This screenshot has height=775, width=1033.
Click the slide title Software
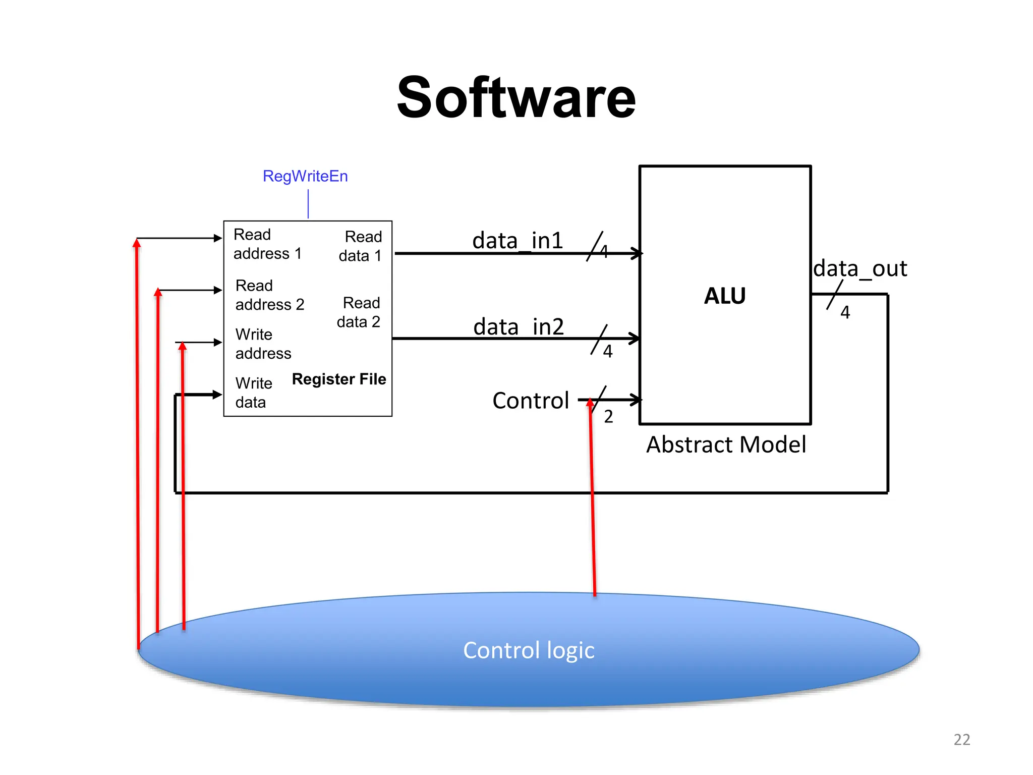pos(516,97)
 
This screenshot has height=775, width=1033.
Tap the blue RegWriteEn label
pos(305,176)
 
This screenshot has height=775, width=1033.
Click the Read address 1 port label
pos(267,244)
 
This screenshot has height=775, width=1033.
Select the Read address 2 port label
pos(269,295)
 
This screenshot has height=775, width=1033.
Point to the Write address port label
pos(263,344)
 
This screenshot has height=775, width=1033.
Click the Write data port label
pos(253,393)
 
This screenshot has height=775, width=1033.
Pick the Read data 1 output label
pos(360,246)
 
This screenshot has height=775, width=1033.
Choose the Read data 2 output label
pos(359,312)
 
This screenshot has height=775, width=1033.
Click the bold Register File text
pos(339,379)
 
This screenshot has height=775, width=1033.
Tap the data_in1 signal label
pos(518,240)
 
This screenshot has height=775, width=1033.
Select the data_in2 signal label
pos(519,326)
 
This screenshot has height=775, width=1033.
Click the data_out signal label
pos(860,268)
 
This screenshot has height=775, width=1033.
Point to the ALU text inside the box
pos(725,296)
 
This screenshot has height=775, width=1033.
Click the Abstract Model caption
pos(726,445)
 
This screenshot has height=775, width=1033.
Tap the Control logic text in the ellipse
pos(529,650)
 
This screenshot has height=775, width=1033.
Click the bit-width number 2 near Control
pos(608,417)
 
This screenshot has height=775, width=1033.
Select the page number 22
pos(961,739)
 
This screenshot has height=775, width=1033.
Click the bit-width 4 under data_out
pos(845,313)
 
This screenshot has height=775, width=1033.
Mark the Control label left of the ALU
pos(531,401)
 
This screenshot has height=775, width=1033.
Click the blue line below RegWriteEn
pos(308,204)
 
